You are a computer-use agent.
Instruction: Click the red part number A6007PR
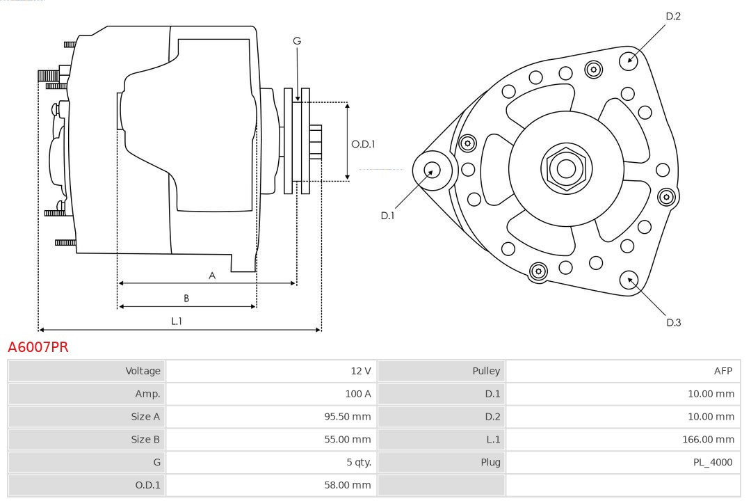(x=38, y=347)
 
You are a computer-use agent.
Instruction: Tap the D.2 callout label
(x=673, y=16)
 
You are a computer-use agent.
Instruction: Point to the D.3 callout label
(x=673, y=322)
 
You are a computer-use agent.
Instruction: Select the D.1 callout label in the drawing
(x=387, y=216)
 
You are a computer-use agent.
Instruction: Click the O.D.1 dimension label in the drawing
(x=363, y=144)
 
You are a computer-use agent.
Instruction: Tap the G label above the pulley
(x=297, y=41)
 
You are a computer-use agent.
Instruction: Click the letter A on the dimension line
(x=212, y=276)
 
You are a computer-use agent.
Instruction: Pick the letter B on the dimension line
(x=186, y=299)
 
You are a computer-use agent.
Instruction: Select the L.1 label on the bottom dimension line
(x=177, y=321)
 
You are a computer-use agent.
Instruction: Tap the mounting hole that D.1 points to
(x=431, y=169)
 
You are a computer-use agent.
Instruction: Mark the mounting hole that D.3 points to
(x=630, y=280)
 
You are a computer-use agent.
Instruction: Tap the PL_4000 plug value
(x=713, y=462)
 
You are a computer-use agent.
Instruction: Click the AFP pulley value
(x=723, y=371)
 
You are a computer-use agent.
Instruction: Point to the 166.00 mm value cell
(x=708, y=439)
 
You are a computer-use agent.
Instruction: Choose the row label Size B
(x=145, y=439)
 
